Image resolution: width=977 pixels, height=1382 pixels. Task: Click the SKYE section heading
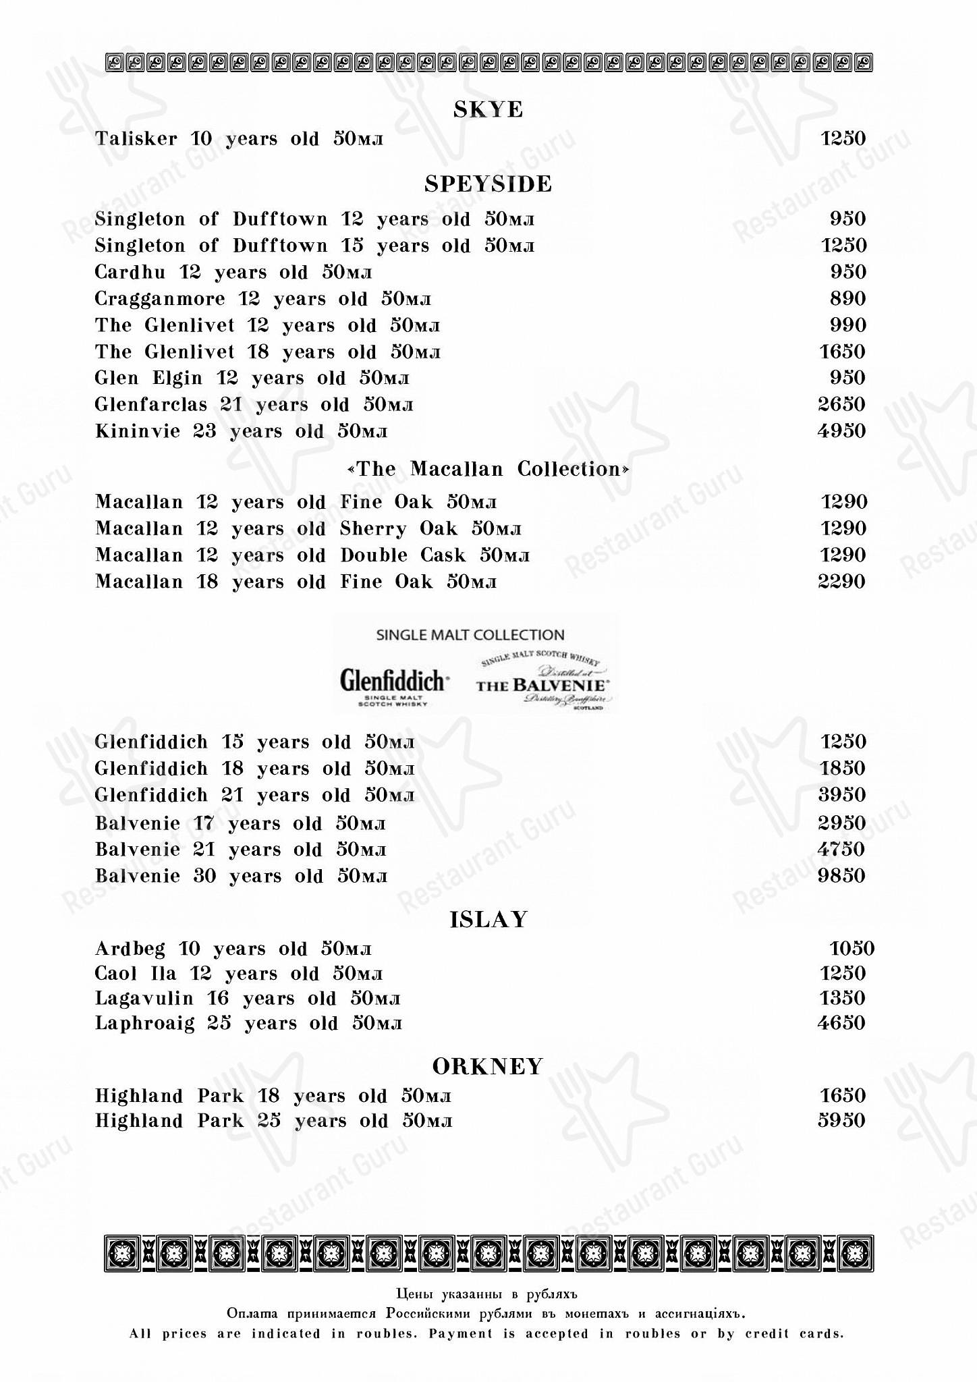(488, 109)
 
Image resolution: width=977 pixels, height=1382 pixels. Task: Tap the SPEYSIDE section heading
(488, 184)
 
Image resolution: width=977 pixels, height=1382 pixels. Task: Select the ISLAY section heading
(488, 919)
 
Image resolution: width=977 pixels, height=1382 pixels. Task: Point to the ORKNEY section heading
(488, 1066)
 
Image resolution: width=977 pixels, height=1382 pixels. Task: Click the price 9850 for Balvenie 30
(841, 876)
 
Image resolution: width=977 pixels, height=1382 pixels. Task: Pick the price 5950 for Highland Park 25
(841, 1121)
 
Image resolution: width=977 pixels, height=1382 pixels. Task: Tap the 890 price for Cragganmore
(847, 298)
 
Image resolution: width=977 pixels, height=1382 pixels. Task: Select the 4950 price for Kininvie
(841, 431)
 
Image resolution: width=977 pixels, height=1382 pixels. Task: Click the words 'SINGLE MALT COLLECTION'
(470, 635)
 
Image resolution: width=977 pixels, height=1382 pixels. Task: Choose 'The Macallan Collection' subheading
(488, 469)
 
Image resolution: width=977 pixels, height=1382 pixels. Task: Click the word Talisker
(136, 139)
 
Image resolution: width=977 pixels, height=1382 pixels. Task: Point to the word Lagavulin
(144, 998)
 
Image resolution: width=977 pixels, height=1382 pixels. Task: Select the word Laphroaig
(144, 1023)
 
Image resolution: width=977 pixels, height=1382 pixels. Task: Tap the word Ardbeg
(130, 949)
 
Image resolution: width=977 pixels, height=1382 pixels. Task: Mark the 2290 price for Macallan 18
(841, 582)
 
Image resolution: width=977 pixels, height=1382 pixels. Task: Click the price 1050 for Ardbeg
(852, 949)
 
